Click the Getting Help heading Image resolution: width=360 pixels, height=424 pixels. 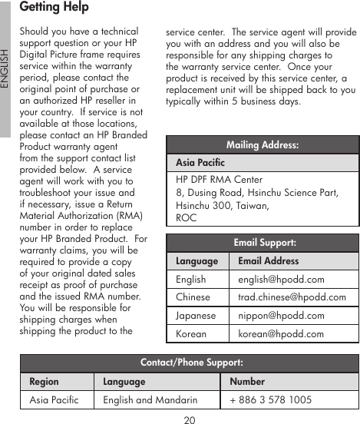tap(54, 8)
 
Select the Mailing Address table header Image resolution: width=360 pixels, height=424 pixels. tap(263, 145)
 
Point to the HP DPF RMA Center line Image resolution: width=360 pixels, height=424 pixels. tap(219, 180)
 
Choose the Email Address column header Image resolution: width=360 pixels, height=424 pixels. tap(268, 261)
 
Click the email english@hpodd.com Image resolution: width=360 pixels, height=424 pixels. tap(281, 280)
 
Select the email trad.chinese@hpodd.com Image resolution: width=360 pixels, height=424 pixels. tap(292, 297)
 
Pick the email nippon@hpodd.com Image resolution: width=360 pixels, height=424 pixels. tap(281, 316)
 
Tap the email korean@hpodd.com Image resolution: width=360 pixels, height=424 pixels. tap(281, 333)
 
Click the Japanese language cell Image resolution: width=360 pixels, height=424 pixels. tap(196, 316)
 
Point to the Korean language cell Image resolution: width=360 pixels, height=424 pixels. tap(191, 333)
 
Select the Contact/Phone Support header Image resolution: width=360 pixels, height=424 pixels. tap(191, 363)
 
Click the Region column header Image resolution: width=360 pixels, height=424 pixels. tap(44, 381)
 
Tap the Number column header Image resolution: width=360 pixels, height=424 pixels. tap(247, 381)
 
